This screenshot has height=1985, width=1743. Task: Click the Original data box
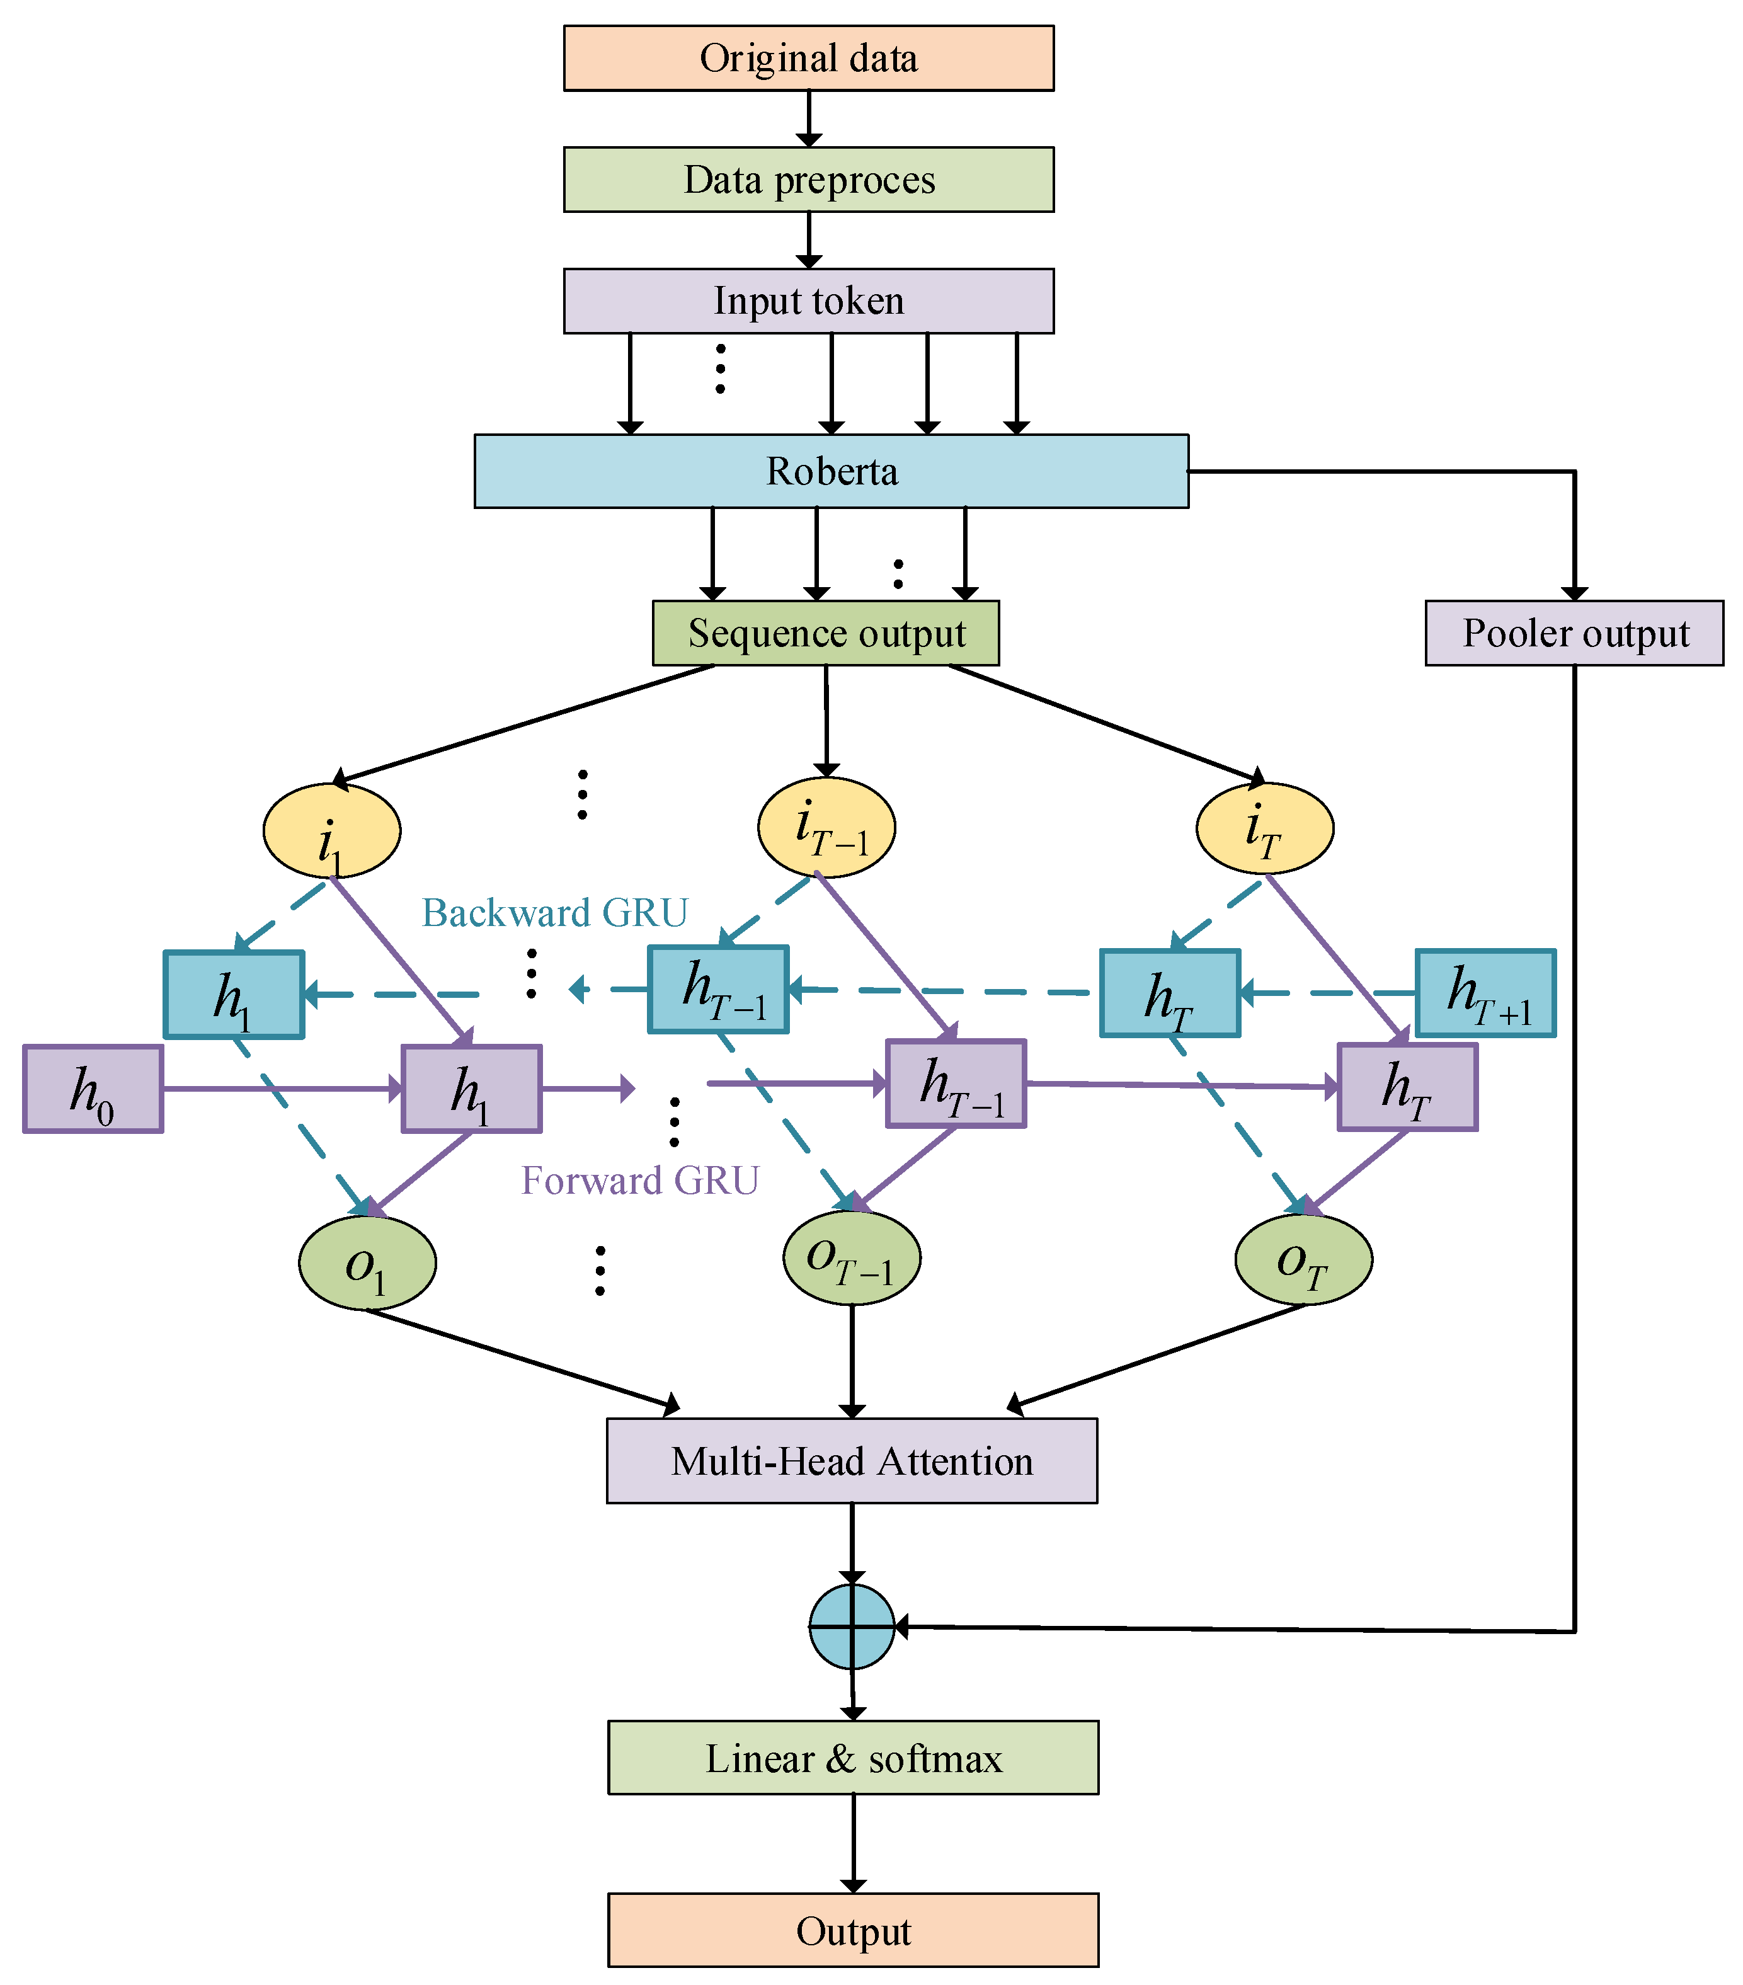click(808, 58)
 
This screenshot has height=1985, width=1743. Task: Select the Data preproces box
click(808, 180)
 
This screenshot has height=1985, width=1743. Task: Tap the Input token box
click(808, 301)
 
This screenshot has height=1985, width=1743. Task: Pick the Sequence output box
click(825, 633)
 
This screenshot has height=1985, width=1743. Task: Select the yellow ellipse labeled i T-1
click(826, 827)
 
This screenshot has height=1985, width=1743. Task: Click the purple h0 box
click(93, 1089)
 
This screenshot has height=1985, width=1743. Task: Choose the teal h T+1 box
click(1485, 993)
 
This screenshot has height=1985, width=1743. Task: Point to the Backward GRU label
click(554, 913)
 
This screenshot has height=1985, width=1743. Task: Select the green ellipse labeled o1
click(367, 1264)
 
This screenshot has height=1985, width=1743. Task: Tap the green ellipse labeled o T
click(1303, 1259)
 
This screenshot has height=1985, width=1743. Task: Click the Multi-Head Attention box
click(852, 1462)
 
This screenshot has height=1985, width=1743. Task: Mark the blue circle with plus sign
click(852, 1627)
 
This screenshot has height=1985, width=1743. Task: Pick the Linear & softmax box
click(852, 1758)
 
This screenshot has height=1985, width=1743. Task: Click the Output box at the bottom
click(852, 1931)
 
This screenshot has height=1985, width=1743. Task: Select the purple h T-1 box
click(956, 1084)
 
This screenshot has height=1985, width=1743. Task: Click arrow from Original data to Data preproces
click(808, 118)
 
